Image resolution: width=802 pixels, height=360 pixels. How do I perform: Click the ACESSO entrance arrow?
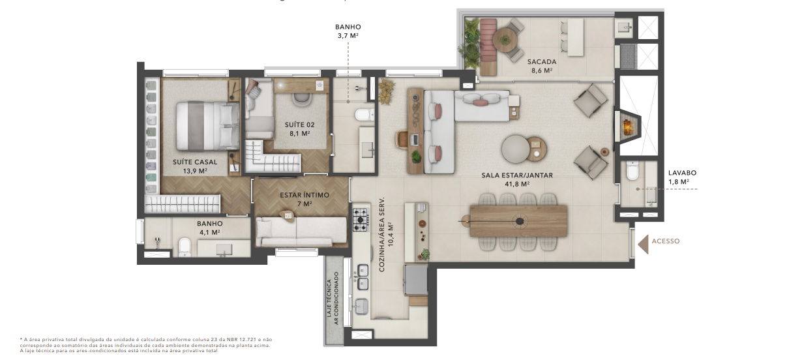644,245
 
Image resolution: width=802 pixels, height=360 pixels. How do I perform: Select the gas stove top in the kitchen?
361,220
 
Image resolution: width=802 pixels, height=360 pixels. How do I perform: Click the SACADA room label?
542,62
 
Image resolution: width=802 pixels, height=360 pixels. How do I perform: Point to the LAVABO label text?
682,173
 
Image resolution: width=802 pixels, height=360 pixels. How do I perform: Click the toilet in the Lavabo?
632,170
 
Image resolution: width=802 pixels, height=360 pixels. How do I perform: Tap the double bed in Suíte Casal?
208,126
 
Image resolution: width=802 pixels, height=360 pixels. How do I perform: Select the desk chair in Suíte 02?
302,99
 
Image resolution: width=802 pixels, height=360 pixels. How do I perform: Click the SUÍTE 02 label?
300,125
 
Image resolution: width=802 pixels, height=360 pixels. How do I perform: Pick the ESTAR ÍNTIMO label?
304,195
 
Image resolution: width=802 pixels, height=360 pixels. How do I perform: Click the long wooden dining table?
518,221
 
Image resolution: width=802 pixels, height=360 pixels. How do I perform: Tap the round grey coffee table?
516,149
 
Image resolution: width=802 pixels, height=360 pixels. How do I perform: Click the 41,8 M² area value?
517,184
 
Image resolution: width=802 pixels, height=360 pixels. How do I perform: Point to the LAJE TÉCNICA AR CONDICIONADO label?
333,299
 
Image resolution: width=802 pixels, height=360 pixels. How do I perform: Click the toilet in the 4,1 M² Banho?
185,247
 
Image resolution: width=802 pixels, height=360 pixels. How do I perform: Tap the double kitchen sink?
363,277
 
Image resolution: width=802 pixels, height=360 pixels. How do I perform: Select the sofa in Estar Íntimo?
301,231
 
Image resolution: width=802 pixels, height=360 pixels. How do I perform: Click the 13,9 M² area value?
195,172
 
